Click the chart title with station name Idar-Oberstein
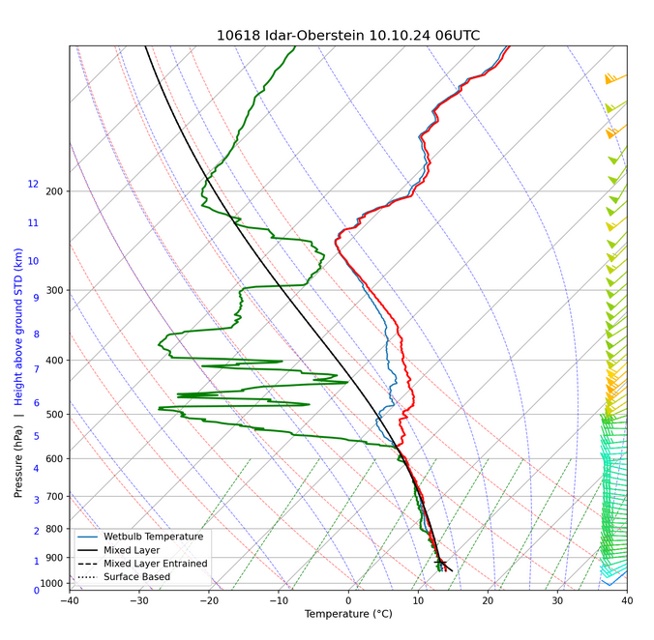(348, 36)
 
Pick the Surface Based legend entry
(136, 577)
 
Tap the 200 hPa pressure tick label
(55, 191)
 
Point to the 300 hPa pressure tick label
(55, 291)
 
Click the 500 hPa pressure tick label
(55, 415)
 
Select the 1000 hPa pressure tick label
(52, 583)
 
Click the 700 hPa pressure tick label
(55, 497)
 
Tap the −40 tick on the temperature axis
(69, 599)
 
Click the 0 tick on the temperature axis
(348, 599)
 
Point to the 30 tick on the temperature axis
(557, 599)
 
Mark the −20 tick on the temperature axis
(208, 599)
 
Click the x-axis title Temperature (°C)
(348, 615)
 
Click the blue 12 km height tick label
(33, 185)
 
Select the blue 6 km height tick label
(36, 403)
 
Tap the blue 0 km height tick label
(36, 590)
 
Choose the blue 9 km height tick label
(36, 298)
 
